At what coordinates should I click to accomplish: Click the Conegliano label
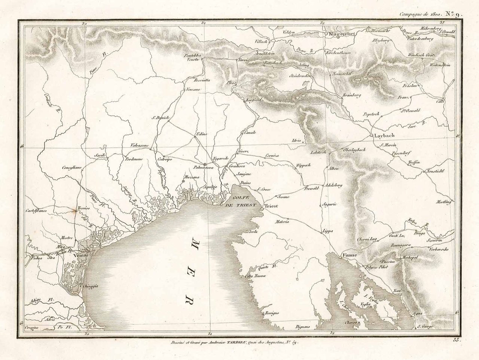pos(72,168)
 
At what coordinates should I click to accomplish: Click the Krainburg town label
pos(351,95)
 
